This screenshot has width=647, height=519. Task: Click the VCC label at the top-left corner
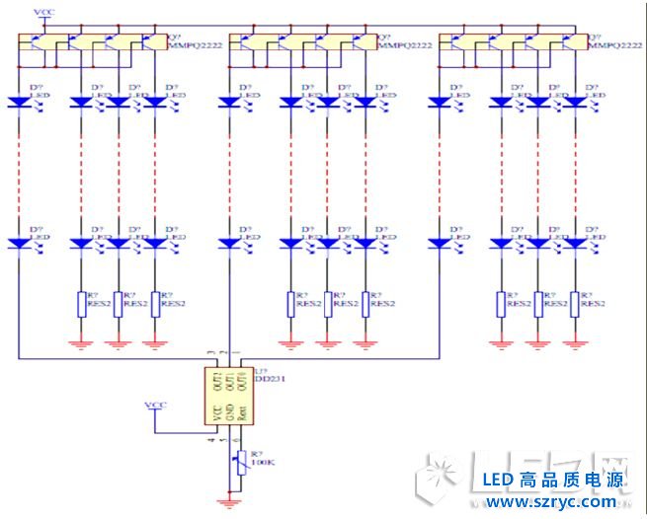[44, 11]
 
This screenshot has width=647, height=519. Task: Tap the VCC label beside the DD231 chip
[155, 405]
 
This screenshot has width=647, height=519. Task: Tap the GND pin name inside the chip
[229, 411]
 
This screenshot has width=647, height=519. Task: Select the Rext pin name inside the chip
[241, 411]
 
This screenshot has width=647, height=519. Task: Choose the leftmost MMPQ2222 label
[191, 45]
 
